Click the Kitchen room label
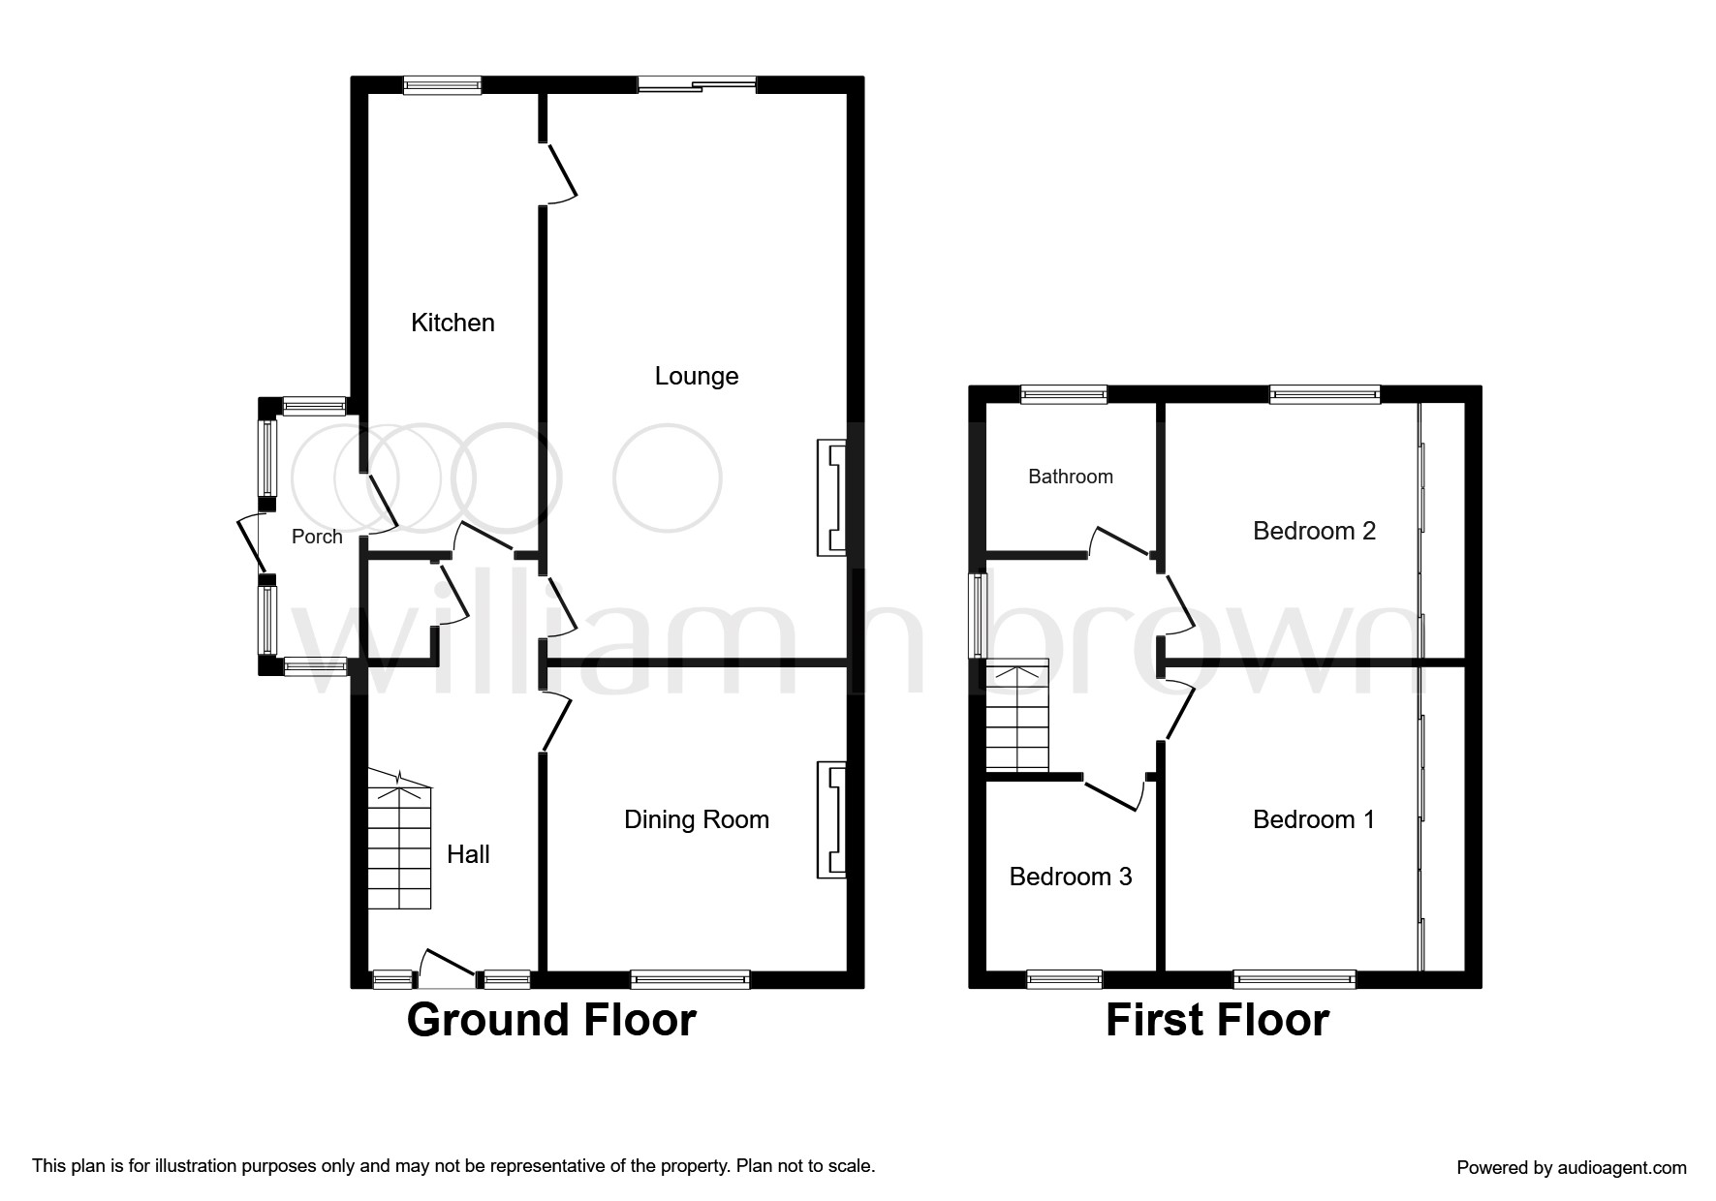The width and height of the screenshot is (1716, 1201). coord(452,323)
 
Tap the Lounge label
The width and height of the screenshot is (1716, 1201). coord(697,377)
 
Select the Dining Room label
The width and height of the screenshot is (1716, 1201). coord(697,820)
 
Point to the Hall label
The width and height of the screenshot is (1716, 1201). coord(468,854)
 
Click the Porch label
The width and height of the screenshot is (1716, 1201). coord(317,537)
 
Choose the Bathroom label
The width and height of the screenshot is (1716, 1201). coord(1071,477)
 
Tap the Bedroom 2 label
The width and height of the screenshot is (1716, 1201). coord(1314,531)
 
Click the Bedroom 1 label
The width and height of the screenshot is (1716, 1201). coord(1314,819)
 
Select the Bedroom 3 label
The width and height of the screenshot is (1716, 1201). coord(1071,877)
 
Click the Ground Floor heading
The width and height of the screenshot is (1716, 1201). coord(551,1020)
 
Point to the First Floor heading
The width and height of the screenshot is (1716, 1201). coord(1217,1020)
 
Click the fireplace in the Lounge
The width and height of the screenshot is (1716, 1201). coord(832,498)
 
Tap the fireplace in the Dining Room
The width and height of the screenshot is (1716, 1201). coord(832,820)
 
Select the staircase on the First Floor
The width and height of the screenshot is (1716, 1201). coord(1017,716)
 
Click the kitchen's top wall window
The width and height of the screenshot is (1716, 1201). coord(443,85)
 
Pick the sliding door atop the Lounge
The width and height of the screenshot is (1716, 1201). coord(697,85)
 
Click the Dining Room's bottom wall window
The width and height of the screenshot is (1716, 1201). coord(691,980)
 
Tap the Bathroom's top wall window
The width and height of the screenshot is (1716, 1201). coord(1064,394)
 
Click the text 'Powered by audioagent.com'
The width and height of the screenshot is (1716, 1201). coord(1572,1168)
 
